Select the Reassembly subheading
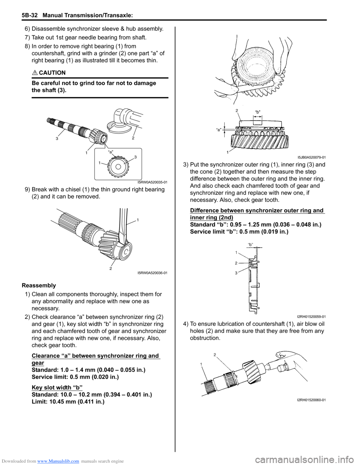click(x=39, y=286)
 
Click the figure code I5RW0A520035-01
click(x=152, y=182)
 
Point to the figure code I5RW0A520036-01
click(x=152, y=273)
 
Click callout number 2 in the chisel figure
click(x=111, y=269)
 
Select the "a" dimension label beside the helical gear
click(x=219, y=129)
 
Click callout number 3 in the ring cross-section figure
click(x=236, y=273)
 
